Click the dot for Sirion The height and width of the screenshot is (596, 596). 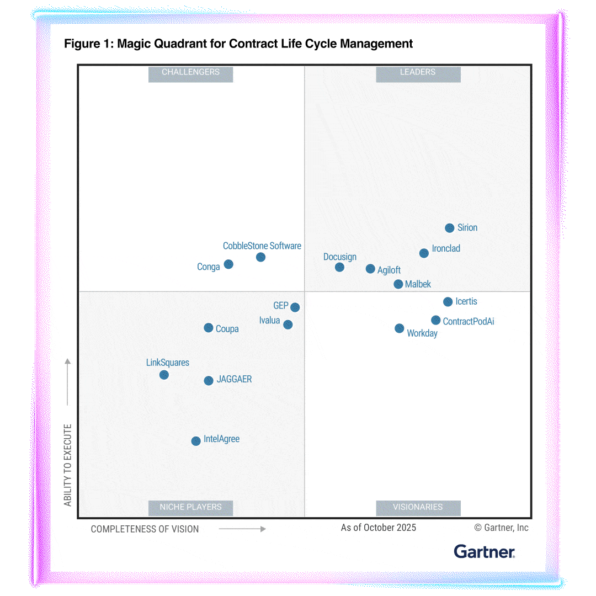449,228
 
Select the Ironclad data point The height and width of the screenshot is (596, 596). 424,253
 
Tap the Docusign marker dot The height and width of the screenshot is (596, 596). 339,267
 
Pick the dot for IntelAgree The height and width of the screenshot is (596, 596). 196,441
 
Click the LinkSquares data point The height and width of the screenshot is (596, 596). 164,375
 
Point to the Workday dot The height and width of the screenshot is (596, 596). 400,328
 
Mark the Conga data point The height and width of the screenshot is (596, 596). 228,264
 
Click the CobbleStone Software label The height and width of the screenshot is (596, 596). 262,246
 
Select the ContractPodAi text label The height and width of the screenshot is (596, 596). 469,321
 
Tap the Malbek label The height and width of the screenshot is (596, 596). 418,284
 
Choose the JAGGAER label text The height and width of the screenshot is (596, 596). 234,380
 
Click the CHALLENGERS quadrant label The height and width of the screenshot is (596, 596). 190,72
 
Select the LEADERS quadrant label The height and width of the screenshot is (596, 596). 418,72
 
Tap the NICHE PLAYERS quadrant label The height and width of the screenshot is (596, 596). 190,507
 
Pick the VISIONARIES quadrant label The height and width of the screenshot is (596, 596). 418,507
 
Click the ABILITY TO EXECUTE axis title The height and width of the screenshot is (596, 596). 68,465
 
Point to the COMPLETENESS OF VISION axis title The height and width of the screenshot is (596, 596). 145,529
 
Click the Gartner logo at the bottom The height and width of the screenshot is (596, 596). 484,551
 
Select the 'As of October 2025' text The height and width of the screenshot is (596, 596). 379,528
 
